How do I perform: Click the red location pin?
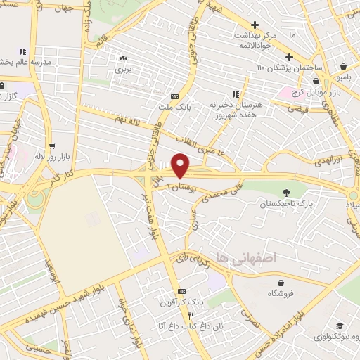[x=181, y=166]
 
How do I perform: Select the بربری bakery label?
[x=124, y=70]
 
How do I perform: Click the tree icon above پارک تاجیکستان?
[x=285, y=193]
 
